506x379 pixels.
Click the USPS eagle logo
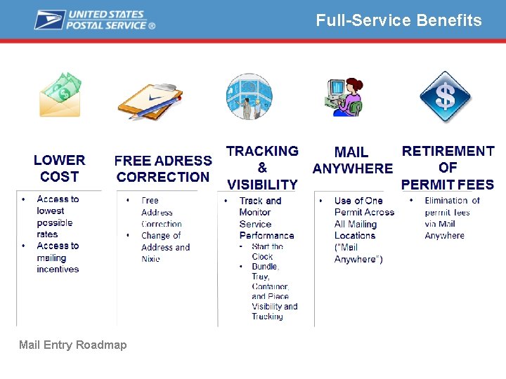(50, 20)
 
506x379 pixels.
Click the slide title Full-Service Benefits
(398, 20)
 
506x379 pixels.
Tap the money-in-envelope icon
(60, 94)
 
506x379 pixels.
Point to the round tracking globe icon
(249, 96)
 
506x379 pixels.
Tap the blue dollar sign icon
(445, 96)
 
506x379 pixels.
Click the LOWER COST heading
(60, 168)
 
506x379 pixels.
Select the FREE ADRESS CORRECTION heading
(163, 169)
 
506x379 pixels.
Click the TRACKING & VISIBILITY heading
(262, 168)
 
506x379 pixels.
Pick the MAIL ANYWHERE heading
(352, 161)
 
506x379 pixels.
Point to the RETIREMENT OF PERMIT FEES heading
(448, 168)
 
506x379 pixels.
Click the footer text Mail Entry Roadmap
(73, 345)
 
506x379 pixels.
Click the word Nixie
(151, 259)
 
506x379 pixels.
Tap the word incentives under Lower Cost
(58, 269)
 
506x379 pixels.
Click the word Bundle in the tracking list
(265, 267)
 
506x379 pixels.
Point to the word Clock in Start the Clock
(262, 257)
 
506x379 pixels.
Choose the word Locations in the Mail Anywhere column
(355, 236)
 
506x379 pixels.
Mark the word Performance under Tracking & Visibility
(266, 236)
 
